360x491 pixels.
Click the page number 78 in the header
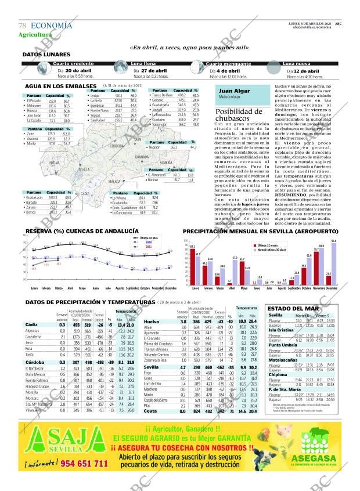(23, 26)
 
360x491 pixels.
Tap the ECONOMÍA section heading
(51, 26)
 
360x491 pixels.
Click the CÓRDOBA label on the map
(116, 146)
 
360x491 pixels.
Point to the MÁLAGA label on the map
(114, 182)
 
